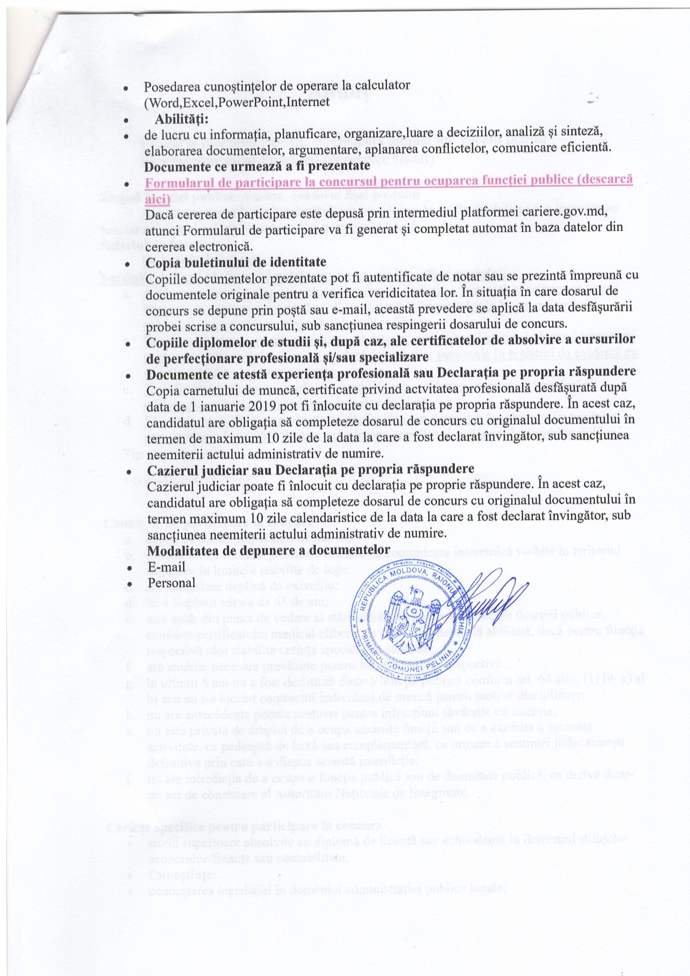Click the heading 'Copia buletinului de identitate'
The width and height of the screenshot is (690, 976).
point(236,262)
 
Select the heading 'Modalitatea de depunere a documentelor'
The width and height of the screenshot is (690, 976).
point(268,550)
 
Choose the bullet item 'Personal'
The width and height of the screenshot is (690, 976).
point(171,583)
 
